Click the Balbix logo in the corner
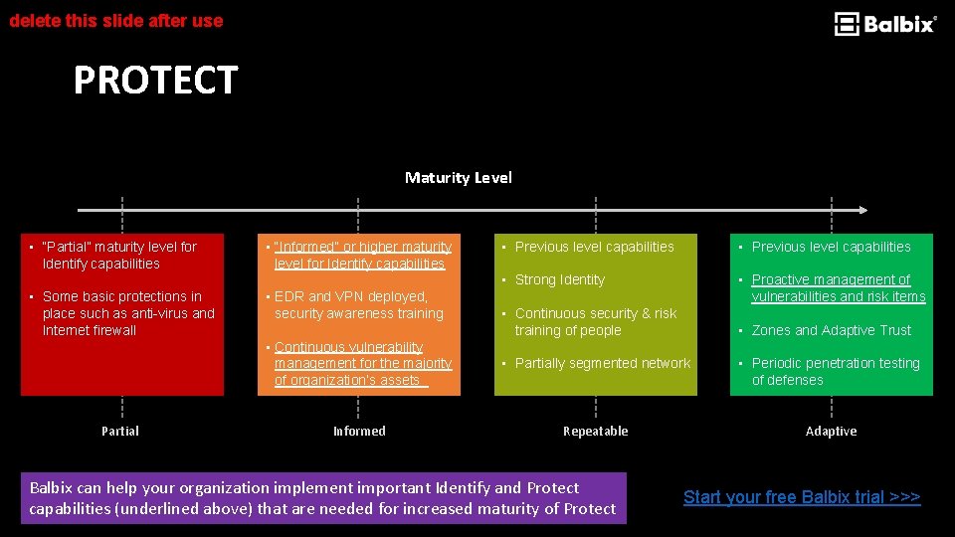click(x=884, y=24)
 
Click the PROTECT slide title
click(x=155, y=81)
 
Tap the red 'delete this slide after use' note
click(x=116, y=20)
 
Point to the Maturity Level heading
click(x=459, y=178)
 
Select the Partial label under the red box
click(x=120, y=431)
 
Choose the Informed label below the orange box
click(x=359, y=431)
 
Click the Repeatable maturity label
click(x=595, y=431)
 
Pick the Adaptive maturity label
click(x=831, y=431)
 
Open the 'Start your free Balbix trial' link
click(x=802, y=497)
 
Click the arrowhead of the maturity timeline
click(x=863, y=210)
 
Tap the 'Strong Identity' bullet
click(x=559, y=280)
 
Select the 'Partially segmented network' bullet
click(x=602, y=364)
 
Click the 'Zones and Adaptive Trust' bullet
click(x=831, y=330)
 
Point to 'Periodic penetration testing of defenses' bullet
click(x=835, y=372)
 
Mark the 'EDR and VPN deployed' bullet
click(x=358, y=305)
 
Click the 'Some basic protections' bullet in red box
click(x=128, y=313)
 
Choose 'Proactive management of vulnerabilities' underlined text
click(x=838, y=288)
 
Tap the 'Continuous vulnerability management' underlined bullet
click(x=362, y=364)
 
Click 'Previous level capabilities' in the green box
click(x=831, y=247)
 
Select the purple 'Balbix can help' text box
click(x=323, y=498)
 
